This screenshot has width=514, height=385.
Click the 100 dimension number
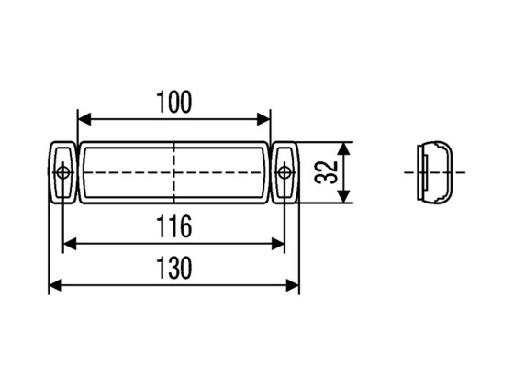click(x=173, y=102)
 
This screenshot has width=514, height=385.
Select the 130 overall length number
click(x=173, y=269)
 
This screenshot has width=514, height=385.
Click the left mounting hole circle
click(x=62, y=172)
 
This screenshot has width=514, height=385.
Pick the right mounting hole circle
click(x=285, y=172)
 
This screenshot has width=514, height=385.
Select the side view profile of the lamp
click(x=437, y=172)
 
